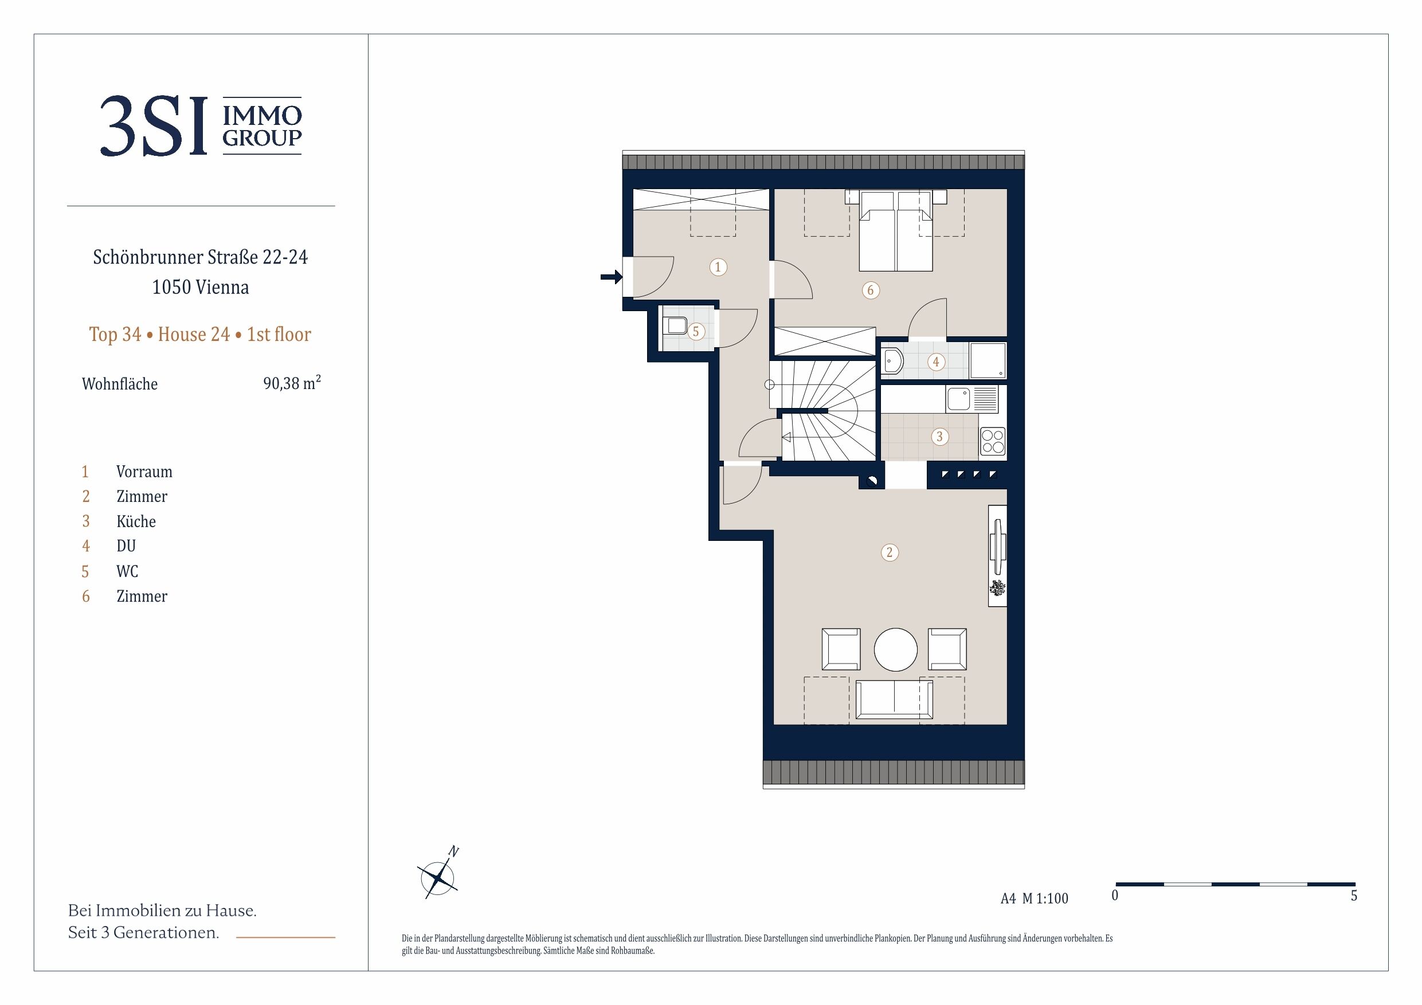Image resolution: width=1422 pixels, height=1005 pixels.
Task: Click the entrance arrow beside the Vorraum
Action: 612,277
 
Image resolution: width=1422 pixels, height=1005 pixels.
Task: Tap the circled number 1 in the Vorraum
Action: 718,267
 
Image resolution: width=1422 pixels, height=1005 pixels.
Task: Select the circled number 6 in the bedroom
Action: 871,290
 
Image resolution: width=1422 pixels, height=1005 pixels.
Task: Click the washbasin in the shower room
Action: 892,362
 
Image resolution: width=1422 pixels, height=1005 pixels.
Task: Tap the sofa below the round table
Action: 894,700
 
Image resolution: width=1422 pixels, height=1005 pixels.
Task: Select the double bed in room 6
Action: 896,230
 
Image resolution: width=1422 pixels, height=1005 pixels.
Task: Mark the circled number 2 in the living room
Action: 890,552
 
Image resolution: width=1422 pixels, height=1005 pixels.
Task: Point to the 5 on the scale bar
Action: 1354,896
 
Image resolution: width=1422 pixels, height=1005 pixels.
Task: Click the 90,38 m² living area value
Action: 292,383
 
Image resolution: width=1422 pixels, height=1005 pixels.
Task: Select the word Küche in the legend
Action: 136,521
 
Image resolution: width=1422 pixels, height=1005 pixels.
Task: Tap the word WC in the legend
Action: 128,571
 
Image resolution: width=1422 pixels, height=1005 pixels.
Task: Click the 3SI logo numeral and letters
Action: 154,126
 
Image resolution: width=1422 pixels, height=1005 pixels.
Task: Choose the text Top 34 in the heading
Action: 115,335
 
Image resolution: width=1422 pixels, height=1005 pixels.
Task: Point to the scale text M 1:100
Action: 1045,898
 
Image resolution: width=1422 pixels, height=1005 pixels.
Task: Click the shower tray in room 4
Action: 988,360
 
